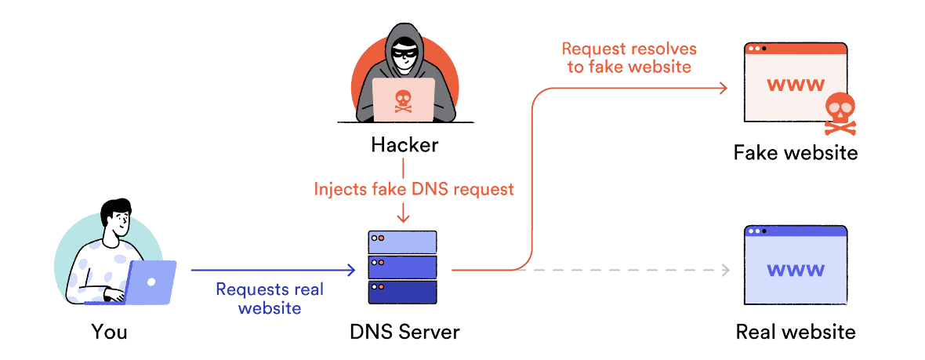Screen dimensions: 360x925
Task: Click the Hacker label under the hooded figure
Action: [404, 145]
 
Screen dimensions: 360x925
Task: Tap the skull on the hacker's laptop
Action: [403, 99]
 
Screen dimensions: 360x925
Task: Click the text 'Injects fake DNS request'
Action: [414, 189]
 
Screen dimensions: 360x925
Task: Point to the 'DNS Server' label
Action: [404, 332]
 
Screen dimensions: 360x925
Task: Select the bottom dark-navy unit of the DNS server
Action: [402, 292]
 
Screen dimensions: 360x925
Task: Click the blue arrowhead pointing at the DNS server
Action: [351, 271]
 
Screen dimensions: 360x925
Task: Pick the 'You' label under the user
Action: [109, 332]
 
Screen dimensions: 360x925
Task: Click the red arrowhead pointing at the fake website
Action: [725, 89]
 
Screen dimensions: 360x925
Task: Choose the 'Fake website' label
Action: [795, 152]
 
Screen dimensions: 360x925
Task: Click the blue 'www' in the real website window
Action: [795, 270]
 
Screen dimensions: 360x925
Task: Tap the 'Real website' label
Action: [795, 332]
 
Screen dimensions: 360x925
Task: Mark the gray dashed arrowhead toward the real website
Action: [725, 271]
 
